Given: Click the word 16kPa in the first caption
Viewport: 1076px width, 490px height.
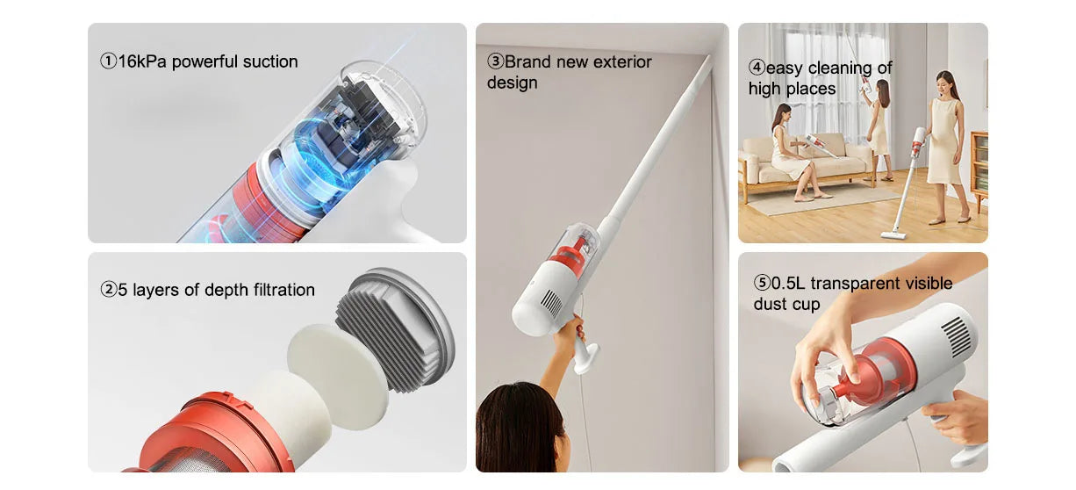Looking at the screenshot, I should [x=142, y=61].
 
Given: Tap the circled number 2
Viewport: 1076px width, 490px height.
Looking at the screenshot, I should [x=108, y=290].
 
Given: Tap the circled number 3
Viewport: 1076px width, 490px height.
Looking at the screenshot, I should [x=495, y=61].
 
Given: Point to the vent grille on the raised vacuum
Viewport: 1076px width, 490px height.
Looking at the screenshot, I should [x=551, y=303].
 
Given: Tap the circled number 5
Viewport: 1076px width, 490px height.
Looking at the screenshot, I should [x=761, y=283].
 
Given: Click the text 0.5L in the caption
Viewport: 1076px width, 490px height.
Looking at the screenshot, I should [x=789, y=283].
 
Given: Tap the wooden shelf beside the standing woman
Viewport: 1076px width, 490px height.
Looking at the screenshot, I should [x=978, y=171].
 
